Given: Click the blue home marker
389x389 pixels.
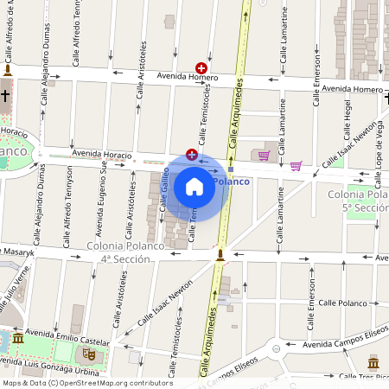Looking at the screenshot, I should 194,186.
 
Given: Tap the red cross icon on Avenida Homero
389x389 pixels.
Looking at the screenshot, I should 201,67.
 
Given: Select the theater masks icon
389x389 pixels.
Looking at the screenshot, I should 89,354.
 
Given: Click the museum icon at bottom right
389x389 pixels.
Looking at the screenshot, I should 373,361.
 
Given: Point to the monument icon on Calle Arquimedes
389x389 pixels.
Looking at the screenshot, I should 220,255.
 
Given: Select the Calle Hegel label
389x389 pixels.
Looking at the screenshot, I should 348,123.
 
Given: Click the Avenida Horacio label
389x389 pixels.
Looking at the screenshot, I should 102,154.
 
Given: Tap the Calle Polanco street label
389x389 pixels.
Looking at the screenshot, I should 342,303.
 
